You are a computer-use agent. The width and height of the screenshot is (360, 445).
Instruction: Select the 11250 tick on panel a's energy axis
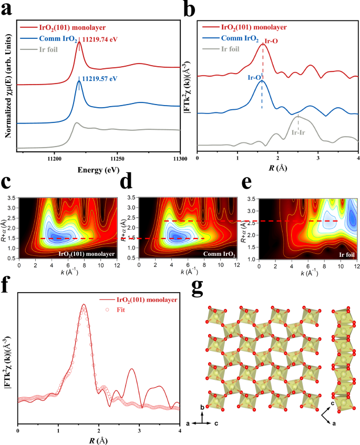point(117,158)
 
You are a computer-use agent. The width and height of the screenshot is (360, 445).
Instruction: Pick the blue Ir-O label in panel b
point(254,77)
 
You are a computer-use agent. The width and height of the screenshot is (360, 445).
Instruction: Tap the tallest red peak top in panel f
point(83,304)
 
